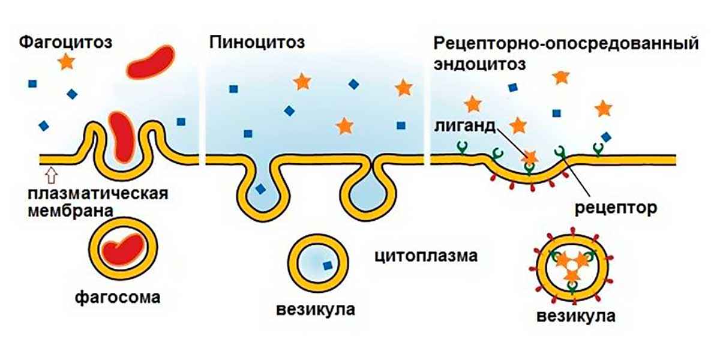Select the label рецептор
coord(616,208)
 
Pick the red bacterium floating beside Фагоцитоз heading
coord(151,62)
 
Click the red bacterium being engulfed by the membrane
coord(122,135)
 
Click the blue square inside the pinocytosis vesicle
coord(326,265)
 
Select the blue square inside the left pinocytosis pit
coord(260,188)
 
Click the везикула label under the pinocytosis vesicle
coord(316,310)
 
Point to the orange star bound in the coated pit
coord(529,157)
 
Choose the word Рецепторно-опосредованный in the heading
coord(565,44)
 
